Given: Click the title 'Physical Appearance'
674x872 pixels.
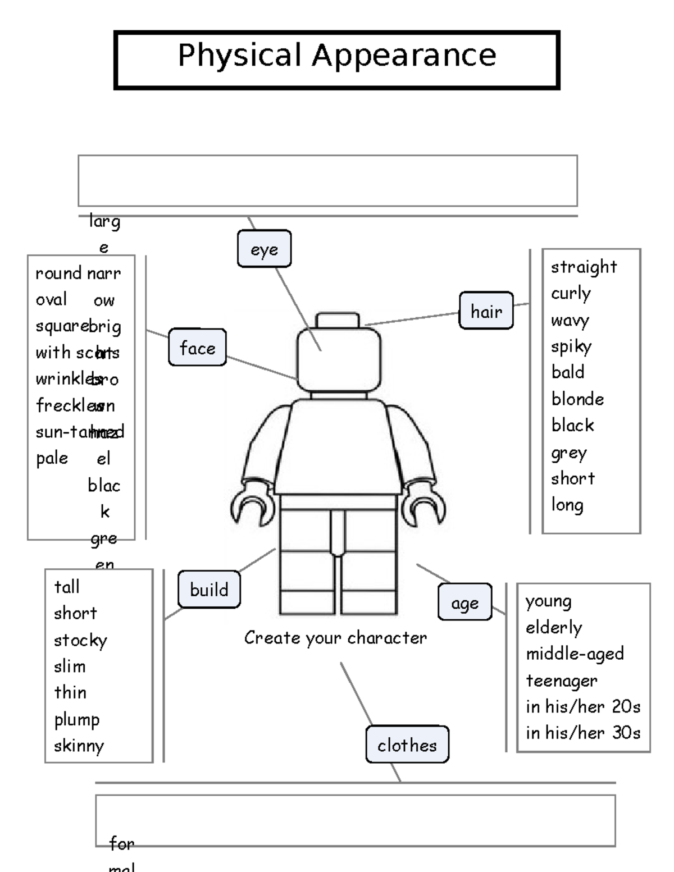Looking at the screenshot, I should tap(337, 56).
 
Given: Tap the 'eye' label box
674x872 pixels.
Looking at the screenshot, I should tap(264, 249).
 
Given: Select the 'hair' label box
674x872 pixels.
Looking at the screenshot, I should tap(486, 311).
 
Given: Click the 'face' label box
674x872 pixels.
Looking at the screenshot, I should tap(197, 348).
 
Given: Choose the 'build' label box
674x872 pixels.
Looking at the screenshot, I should tap(209, 590).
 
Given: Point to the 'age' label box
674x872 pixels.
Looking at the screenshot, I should tap(464, 602).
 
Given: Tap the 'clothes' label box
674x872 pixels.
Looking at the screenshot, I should tap(407, 745).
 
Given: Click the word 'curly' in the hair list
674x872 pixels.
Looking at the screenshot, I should tap(571, 293).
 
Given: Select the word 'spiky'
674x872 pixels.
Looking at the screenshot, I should tap(571, 346).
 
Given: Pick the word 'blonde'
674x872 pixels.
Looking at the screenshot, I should tap(577, 399).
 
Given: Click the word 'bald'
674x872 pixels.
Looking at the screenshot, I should tap(568, 372).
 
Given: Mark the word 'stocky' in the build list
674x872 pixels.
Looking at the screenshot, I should tap(80, 640).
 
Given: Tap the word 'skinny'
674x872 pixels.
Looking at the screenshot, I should tap(79, 746).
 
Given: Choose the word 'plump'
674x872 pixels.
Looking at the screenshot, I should tap(77, 720).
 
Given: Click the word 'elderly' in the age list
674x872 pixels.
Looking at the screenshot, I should tap(554, 627).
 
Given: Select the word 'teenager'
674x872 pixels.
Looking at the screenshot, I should tap(562, 681).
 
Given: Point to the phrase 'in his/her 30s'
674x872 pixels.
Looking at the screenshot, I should tap(583, 733).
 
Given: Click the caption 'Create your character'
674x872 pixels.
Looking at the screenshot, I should tap(335, 638).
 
